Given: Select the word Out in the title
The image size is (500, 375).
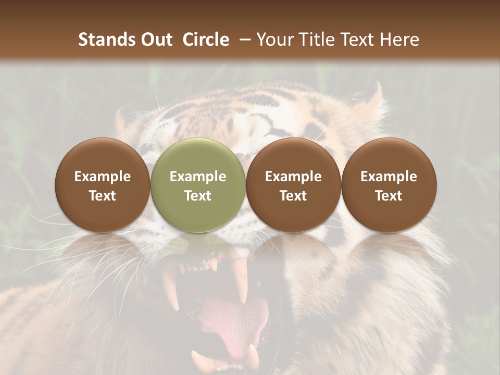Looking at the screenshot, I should (155, 40).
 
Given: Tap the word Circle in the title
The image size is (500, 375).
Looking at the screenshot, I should (206, 40).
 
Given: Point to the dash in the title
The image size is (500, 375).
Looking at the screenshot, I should (243, 40).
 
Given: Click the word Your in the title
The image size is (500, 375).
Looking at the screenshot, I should (274, 40).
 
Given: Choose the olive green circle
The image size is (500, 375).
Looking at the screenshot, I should (198, 185).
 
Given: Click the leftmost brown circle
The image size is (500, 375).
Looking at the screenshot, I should (102, 185).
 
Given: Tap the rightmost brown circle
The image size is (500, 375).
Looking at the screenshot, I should (389, 185).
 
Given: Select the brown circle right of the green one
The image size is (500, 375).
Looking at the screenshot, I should (293, 185).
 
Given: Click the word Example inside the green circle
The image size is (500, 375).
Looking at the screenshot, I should (198, 177).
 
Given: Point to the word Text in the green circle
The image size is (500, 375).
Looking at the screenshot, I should (198, 196).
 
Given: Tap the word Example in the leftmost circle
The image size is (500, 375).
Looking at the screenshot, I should (102, 177).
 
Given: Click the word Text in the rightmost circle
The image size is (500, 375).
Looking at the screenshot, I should (389, 196).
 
